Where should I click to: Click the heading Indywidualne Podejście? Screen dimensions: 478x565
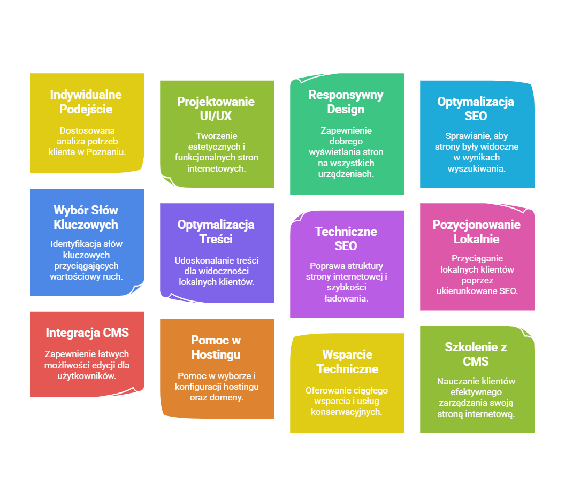point(86,102)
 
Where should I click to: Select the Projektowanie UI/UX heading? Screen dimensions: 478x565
point(216,109)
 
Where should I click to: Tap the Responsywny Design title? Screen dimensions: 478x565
point(346,102)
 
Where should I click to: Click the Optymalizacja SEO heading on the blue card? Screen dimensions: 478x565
point(476,109)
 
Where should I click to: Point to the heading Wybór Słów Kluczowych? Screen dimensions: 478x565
point(86,217)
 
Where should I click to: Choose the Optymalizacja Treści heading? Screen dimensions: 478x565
point(216,232)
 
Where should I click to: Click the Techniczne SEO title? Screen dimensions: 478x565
point(346,238)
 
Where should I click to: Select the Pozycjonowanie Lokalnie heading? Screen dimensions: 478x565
point(476,232)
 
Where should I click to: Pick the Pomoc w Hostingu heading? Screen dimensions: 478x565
point(216,347)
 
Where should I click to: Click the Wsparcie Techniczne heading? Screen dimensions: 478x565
point(347,361)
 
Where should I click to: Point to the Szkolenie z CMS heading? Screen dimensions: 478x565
point(476,354)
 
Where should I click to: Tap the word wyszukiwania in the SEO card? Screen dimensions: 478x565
point(477,168)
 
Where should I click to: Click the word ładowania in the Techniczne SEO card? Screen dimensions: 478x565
point(346,298)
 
